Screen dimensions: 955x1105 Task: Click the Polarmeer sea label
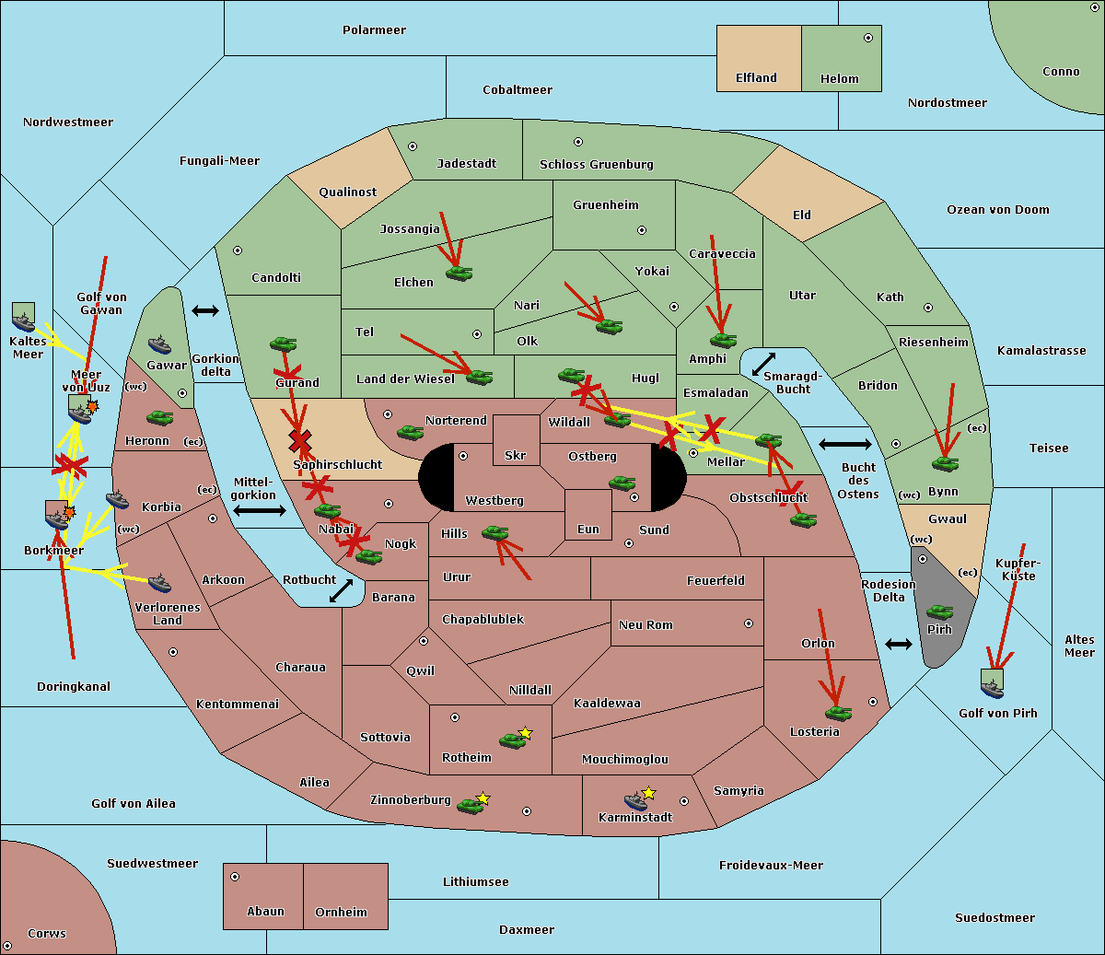pos(374,30)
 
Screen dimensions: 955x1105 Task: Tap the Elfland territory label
pos(756,78)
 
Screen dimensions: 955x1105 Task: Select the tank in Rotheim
pos(512,740)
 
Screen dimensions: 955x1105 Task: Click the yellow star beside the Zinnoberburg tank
pos(483,798)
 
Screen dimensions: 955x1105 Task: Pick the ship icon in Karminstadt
pos(635,801)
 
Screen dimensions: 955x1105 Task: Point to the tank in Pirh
pos(939,612)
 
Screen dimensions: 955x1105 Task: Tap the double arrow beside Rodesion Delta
pos(898,644)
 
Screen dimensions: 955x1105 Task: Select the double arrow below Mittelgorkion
pos(260,510)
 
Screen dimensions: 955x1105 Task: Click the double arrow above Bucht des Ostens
pos(844,445)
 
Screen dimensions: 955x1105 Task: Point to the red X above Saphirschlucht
pos(299,441)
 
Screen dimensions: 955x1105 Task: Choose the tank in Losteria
pos(838,713)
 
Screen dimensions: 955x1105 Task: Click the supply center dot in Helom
pos(867,38)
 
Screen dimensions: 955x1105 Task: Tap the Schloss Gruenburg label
pos(596,165)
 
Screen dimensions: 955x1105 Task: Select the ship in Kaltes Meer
pos(23,318)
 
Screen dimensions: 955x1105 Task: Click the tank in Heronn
pos(160,418)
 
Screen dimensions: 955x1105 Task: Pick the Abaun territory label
pos(265,912)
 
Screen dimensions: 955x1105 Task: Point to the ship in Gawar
pos(159,345)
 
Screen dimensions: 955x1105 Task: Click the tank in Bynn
pos(945,463)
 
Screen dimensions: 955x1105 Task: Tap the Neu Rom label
pos(646,625)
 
